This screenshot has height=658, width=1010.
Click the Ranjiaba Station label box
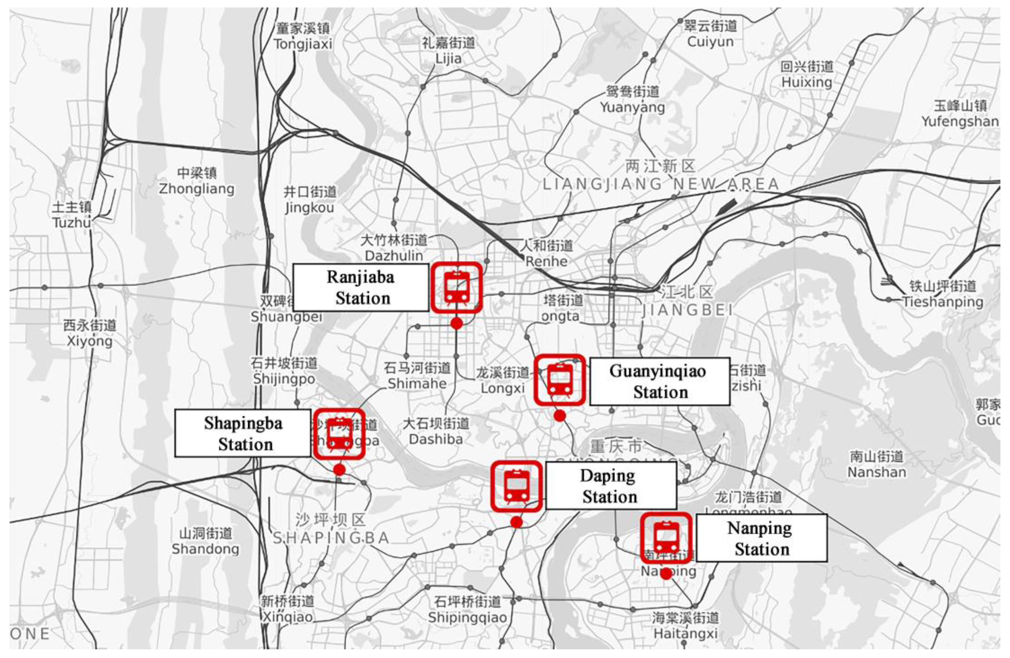[361, 287]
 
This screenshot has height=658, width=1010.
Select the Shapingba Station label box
[243, 433]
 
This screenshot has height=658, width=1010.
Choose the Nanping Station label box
[761, 538]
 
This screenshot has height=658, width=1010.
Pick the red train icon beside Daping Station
[517, 486]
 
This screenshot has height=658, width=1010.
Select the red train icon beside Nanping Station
[666, 538]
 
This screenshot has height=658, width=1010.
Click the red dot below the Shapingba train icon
[339, 470]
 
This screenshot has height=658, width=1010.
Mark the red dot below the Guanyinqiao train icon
[560, 416]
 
